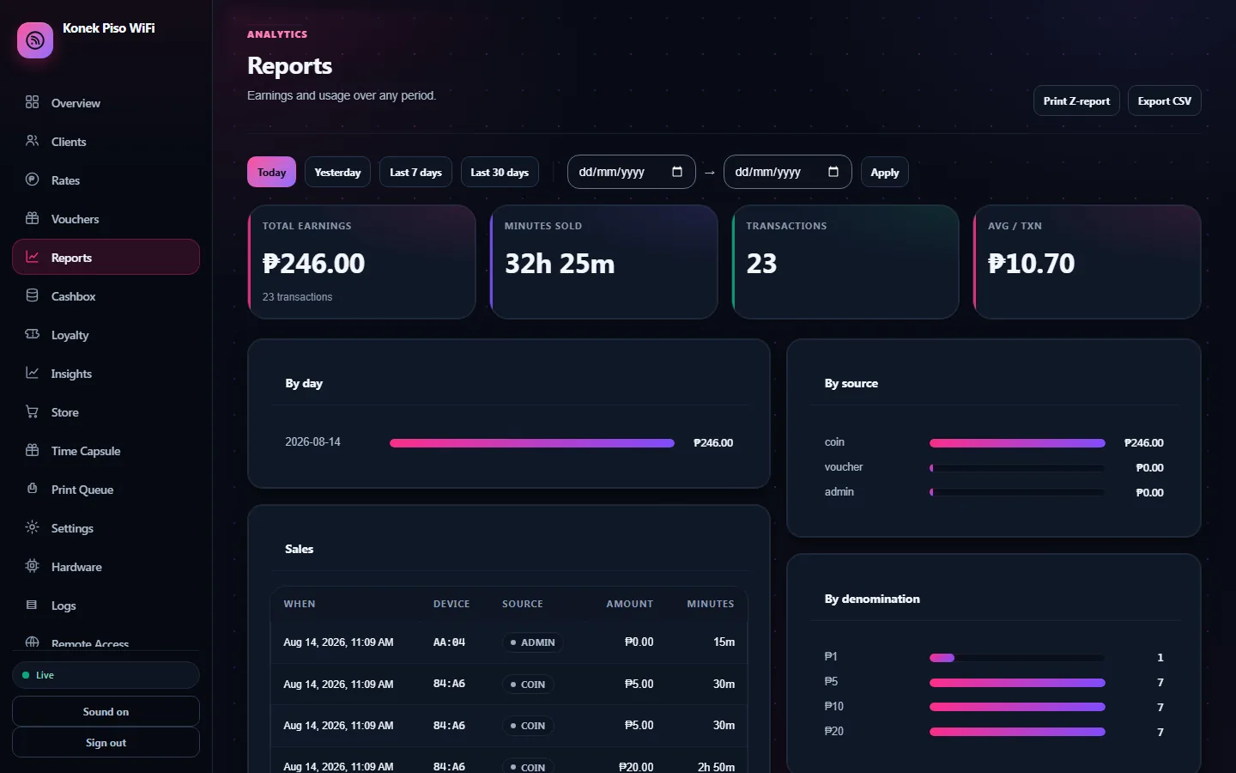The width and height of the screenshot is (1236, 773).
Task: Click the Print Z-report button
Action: pos(1076,101)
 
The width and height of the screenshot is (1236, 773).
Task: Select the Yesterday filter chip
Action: pos(337,173)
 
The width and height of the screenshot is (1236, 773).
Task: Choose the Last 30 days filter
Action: pos(500,173)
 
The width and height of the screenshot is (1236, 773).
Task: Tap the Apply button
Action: pos(884,173)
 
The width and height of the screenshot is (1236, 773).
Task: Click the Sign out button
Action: pos(106,743)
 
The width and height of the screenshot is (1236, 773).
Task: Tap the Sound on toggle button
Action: pos(106,712)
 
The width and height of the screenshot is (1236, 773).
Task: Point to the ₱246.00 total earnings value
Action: pos(313,264)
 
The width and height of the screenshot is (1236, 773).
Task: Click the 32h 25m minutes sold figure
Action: pos(560,264)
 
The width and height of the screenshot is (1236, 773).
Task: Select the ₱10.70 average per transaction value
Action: pos(1032,264)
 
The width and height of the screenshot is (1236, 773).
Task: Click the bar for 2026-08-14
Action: pos(532,443)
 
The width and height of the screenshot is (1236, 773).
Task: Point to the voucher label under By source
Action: pos(843,467)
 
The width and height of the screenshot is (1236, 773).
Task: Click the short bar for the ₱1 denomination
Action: pos(942,658)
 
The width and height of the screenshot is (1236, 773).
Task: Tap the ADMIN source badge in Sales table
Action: pos(532,642)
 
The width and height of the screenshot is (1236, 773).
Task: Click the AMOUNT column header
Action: pos(630,604)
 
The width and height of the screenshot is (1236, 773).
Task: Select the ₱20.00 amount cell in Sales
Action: pos(636,767)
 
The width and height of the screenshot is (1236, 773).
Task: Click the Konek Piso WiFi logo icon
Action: pos(35,40)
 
